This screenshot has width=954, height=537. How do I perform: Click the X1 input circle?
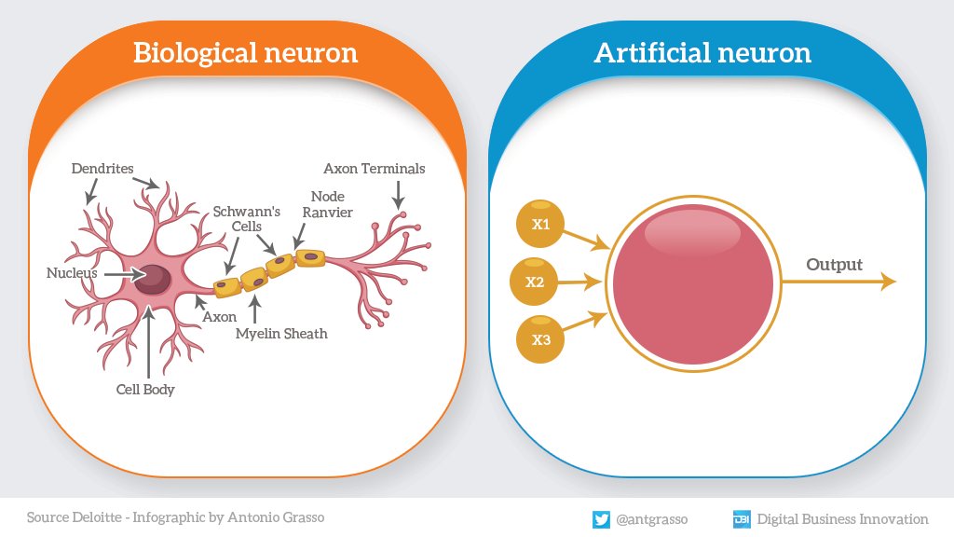pos(540,225)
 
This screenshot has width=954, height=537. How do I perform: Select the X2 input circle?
pos(535,282)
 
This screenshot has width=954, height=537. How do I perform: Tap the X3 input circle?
pos(540,339)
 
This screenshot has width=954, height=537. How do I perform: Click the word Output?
pos(834,265)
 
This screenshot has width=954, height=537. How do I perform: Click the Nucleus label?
pos(72,273)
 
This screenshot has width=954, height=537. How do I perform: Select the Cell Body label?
pos(145,390)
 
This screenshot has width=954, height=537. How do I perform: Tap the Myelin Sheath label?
pos(281,333)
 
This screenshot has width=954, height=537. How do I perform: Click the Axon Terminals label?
pos(375,169)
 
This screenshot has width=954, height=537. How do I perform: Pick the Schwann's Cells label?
pos(247,218)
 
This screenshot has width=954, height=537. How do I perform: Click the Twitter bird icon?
pos(601,518)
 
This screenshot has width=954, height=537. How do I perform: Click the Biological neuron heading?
pos(245,52)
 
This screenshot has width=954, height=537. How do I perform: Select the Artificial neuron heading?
pos(702,52)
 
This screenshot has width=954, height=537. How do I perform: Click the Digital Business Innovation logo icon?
pos(742,518)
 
